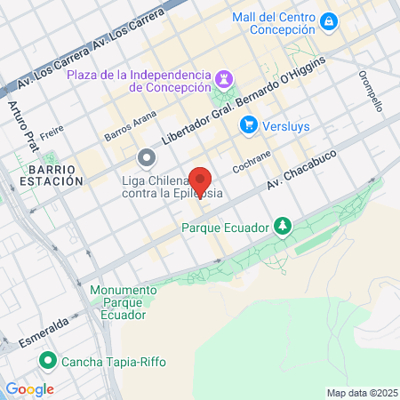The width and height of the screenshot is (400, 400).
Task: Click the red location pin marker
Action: click(x=200, y=182)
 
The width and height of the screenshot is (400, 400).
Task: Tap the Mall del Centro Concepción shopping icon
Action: click(x=329, y=20)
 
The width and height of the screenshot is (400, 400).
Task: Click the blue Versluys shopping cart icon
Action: click(x=249, y=126)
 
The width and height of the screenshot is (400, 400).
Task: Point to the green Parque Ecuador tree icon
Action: click(x=283, y=228)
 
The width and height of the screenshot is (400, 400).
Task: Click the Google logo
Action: click(x=29, y=388)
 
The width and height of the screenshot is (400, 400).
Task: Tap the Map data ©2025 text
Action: click(x=361, y=392)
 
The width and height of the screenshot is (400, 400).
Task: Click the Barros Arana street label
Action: click(x=131, y=125)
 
